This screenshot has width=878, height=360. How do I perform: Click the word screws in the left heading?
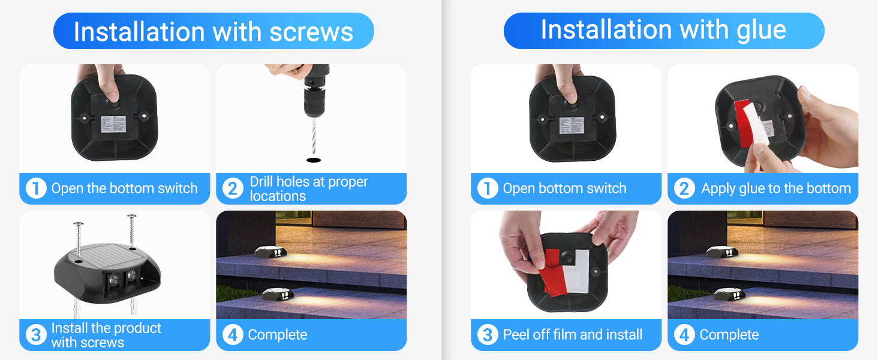click(x=311, y=32)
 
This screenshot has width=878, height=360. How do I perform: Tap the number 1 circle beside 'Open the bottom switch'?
click(x=36, y=188)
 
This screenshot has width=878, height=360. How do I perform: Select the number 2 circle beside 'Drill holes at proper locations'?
click(x=233, y=188)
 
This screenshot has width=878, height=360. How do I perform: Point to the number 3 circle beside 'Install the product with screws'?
click(x=36, y=335)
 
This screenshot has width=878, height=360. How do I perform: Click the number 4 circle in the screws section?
click(x=233, y=335)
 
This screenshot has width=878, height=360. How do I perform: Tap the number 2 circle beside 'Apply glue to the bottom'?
click(x=684, y=188)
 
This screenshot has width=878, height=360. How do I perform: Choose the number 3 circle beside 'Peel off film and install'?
click(x=488, y=335)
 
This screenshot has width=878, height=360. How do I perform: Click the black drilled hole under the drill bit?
click(x=314, y=160)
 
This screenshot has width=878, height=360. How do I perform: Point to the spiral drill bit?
click(x=314, y=136)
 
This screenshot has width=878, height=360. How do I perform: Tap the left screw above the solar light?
click(x=79, y=240)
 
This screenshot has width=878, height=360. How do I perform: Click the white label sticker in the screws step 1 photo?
click(x=114, y=124)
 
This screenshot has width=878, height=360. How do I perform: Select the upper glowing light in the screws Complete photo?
click(x=270, y=252)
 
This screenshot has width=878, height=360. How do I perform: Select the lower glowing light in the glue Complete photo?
click(x=729, y=294)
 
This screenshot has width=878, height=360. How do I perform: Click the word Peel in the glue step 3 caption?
click(x=516, y=335)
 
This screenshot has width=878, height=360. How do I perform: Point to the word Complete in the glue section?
click(x=729, y=335)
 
